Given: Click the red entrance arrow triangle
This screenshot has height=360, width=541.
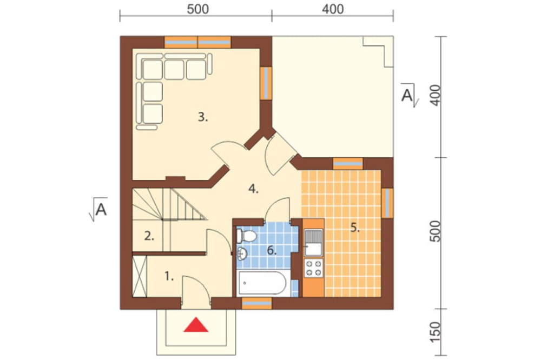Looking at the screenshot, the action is [196, 325].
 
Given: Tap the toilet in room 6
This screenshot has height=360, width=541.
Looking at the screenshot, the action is [246, 236].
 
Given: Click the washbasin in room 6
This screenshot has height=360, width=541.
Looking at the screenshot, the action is [242, 254].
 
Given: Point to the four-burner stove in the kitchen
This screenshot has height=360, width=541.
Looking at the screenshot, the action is [314, 269].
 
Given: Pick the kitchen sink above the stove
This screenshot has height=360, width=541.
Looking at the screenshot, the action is [313, 242].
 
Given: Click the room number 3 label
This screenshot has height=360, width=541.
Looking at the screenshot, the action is [203, 117].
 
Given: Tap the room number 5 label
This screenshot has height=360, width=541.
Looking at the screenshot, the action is [355, 228].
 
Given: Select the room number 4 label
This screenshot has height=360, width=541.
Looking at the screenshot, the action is [253, 189].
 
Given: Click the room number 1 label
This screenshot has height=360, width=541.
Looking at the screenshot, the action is [169, 276].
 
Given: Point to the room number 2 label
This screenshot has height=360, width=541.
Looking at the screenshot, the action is [149, 236].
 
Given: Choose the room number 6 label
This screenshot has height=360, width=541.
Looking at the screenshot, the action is [272, 250].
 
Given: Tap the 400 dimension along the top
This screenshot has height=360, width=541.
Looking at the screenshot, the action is [333, 9].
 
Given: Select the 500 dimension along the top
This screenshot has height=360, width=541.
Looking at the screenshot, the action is [197, 9].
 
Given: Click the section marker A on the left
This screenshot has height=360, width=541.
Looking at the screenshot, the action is [99, 209].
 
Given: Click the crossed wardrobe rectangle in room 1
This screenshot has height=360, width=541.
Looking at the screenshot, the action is [140, 276].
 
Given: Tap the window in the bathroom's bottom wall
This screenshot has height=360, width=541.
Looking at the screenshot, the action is [256, 303].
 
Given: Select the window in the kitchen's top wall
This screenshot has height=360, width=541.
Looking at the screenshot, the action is [348, 164].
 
